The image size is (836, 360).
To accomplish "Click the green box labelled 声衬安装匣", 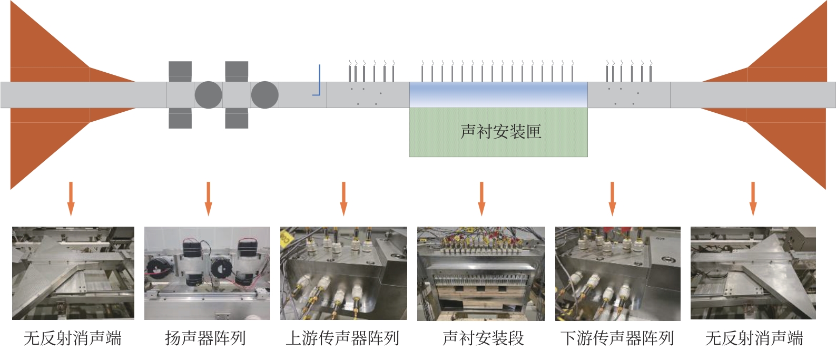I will pos(498,132).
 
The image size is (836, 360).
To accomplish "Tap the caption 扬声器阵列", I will pos(205,338).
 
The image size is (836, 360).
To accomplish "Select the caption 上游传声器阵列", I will pos(342,338).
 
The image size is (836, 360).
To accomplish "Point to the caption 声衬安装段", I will pos(483,338).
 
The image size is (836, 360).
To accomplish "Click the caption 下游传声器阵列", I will pos(617,338).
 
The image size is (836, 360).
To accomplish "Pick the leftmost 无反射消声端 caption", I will pos(73,338).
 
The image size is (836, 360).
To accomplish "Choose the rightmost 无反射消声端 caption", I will pos(754,338).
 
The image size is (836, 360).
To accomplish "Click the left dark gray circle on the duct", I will pos(208,95).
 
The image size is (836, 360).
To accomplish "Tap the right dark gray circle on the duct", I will pos(264,95).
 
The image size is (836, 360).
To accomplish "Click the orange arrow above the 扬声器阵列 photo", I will pos(208,198).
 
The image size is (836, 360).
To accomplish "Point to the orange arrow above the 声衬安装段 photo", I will pos(481,198).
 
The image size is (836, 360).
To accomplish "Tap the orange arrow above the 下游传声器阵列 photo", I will pos(612,198).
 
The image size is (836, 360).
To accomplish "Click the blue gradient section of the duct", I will pos(498,95).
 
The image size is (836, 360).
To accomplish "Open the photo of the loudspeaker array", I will pos(207,273).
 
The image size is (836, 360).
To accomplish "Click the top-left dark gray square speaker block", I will pos(180,71).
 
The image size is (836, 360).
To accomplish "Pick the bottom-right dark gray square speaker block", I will pos(237,119).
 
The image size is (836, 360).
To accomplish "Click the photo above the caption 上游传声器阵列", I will pos(343,273).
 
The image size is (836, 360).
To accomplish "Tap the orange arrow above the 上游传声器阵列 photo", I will pos(343,198).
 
